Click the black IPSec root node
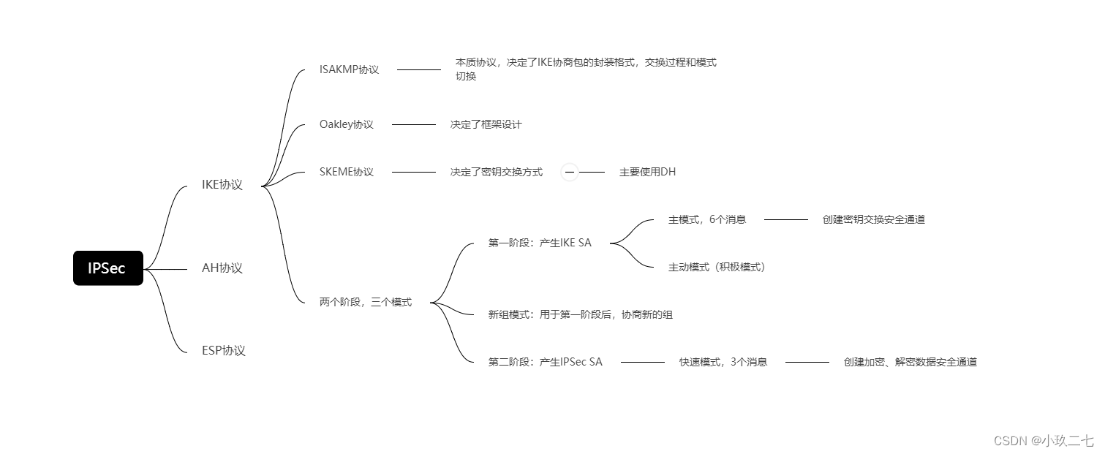[108, 268]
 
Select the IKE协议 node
[222, 185]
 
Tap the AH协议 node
[222, 268]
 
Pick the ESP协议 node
[223, 350]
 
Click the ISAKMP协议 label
[349, 69]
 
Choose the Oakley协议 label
[346, 124]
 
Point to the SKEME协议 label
[346, 172]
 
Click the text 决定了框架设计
[486, 124]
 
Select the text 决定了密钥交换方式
[496, 172]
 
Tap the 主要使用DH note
[647, 172]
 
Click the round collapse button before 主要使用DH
[570, 172]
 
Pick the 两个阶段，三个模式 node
[365, 302]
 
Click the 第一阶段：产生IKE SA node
[539, 243]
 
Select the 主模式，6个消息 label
[706, 219]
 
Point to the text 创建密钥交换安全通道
[873, 219]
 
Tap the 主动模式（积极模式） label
[716, 267]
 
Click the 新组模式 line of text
[580, 314]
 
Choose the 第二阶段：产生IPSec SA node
[545, 362]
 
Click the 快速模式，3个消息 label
[723, 362]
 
